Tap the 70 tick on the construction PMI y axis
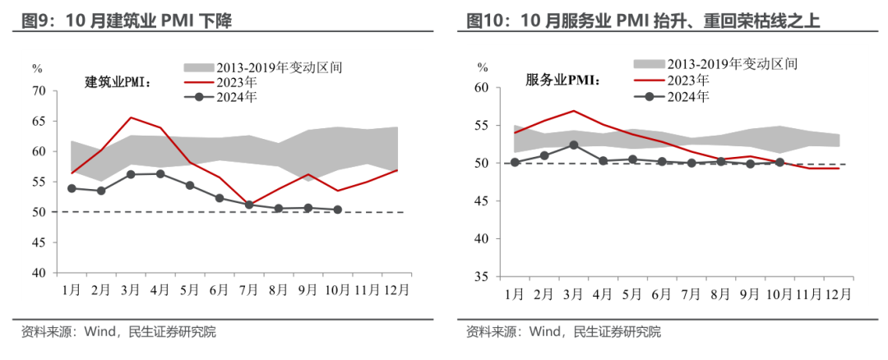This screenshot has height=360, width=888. [39, 90]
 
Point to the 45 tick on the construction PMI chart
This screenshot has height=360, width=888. [39, 242]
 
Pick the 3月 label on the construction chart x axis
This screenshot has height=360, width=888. [130, 289]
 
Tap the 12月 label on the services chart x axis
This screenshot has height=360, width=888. [837, 293]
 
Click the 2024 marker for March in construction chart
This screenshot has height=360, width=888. [130, 174]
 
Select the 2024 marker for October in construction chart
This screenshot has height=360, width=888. [338, 210]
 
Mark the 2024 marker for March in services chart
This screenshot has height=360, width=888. [573, 145]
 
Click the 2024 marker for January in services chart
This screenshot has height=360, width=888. [515, 162]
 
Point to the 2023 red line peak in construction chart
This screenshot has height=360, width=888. [130, 118]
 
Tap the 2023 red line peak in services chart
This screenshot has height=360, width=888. [573, 110]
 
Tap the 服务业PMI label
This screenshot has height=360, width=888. [563, 81]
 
